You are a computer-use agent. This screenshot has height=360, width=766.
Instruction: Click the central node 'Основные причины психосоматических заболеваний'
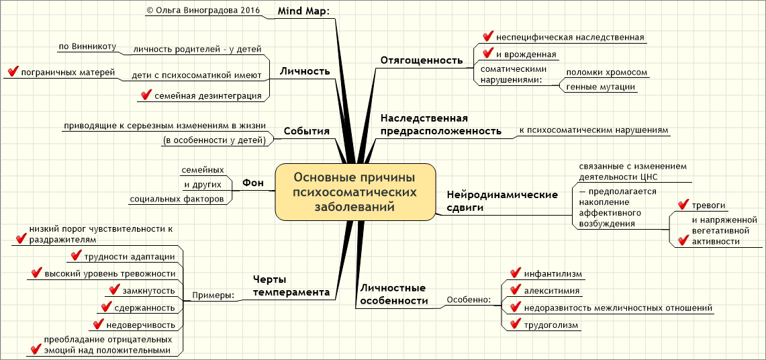(355, 192)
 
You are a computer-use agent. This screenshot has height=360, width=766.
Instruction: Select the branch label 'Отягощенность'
(422, 60)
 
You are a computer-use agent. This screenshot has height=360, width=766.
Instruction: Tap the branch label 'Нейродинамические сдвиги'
(502, 201)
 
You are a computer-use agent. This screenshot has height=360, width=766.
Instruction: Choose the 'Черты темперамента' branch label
(291, 285)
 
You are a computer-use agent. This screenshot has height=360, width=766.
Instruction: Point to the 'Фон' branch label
(252, 183)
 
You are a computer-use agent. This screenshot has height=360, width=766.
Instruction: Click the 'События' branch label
(306, 131)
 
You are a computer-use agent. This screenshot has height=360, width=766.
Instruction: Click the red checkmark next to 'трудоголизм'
(516, 325)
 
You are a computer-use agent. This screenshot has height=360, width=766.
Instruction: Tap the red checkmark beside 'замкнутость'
(114, 291)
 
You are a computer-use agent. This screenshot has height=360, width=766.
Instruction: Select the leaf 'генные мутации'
(600, 87)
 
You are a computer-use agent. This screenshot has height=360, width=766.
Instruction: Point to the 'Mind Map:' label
(299, 10)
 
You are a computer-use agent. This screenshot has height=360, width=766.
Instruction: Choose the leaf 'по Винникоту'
(87, 47)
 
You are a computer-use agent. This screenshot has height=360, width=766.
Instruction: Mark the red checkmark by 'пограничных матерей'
(11, 72)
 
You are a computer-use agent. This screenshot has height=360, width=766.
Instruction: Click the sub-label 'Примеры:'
(213, 296)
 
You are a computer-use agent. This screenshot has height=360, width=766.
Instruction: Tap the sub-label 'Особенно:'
(469, 300)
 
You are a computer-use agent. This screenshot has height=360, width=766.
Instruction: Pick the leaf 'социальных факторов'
(177, 199)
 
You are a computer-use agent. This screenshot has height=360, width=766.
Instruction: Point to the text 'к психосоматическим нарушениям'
(593, 130)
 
